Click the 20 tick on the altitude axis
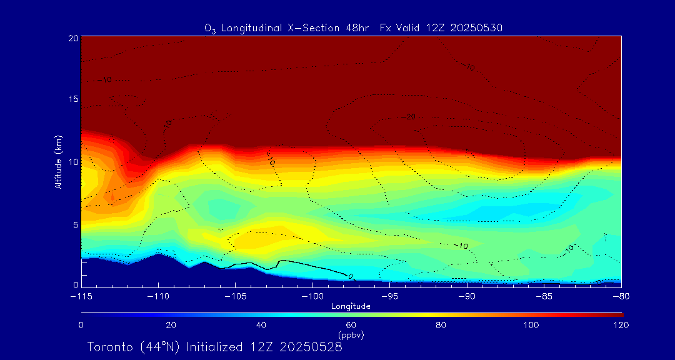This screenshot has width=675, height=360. [x=73, y=38]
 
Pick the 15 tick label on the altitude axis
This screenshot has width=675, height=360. [x=73, y=100]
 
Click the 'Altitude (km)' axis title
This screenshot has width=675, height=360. [x=58, y=162]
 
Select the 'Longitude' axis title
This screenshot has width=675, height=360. [x=351, y=306]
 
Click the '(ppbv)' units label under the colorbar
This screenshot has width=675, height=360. [x=351, y=335]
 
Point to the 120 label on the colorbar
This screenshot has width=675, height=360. [x=621, y=325]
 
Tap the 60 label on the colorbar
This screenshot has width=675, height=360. [x=351, y=325]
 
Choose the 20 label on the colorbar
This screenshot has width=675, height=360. [x=171, y=325]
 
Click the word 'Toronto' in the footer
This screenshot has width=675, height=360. [x=109, y=347]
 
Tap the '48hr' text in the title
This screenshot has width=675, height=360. [x=357, y=27]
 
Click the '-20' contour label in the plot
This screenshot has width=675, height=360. [x=410, y=117]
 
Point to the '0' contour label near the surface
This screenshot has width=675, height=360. [x=350, y=276]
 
